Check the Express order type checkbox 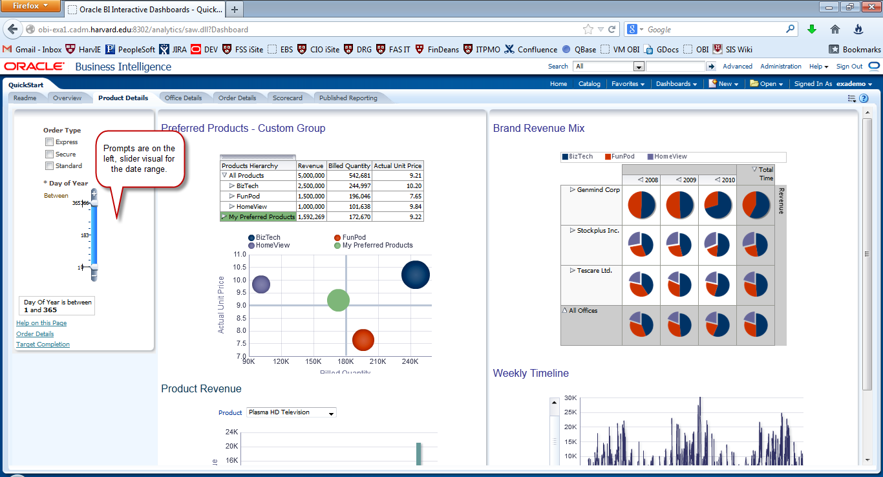click(x=49, y=142)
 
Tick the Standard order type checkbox click(x=49, y=166)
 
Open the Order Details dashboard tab click(x=237, y=98)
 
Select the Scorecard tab click(x=287, y=98)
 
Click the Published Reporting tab click(x=348, y=98)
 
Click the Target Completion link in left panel click(x=43, y=344)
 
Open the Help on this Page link click(x=41, y=323)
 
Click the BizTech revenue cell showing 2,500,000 click(x=311, y=186)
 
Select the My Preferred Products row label click(x=261, y=217)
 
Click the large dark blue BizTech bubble click(x=416, y=275)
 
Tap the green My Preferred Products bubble click(x=338, y=300)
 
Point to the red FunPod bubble click(x=363, y=340)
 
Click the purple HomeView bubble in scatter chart click(x=261, y=284)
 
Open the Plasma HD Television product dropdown click(x=292, y=412)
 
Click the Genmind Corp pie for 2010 click(x=718, y=205)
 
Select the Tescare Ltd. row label click(x=594, y=271)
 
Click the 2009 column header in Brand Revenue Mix click(x=687, y=180)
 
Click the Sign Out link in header click(x=849, y=67)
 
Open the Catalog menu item click(x=589, y=84)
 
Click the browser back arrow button click(x=13, y=29)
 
